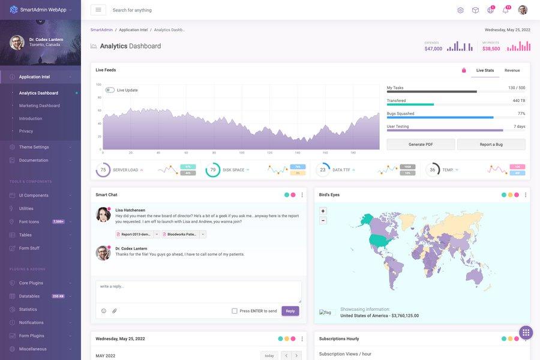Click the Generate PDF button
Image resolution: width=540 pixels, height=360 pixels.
(421, 145)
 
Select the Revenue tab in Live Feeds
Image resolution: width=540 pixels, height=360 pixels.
(512, 70)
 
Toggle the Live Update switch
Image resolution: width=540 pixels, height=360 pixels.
(110, 90)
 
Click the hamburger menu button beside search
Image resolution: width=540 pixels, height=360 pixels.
(98, 10)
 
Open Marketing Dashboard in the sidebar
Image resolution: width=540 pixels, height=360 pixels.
(40, 106)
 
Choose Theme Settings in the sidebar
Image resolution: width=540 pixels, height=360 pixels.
(34, 147)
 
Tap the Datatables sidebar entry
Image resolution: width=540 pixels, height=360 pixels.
(29, 296)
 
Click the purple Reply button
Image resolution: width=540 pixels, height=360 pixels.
(290, 311)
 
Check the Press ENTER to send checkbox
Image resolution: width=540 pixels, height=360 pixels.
(235, 311)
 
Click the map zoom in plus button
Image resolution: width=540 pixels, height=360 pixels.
(323, 211)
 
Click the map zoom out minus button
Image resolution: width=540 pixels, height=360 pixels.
(323, 220)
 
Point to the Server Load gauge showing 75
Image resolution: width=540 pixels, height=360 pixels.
(103, 170)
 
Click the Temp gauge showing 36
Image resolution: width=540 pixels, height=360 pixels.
(433, 170)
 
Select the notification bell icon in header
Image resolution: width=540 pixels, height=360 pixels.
(505, 10)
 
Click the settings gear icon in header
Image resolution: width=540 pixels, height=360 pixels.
(460, 10)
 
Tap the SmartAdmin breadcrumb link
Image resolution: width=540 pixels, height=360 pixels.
(101, 29)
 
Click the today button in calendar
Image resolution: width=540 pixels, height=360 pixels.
(269, 355)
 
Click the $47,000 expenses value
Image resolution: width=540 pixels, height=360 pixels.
(433, 49)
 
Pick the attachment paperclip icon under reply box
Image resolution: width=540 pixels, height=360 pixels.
(115, 311)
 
